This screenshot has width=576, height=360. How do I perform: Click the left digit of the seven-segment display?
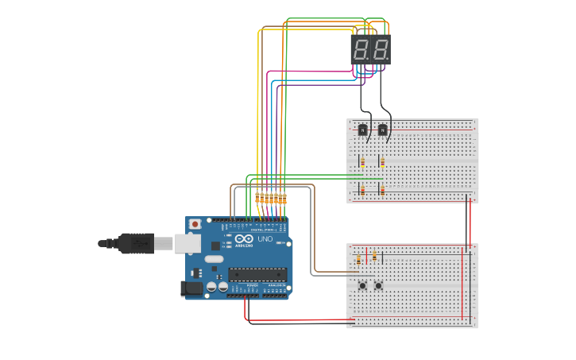click(361, 49)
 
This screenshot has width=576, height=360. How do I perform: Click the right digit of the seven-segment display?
click(381, 49)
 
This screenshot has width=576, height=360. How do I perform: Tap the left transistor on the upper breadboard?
click(363, 130)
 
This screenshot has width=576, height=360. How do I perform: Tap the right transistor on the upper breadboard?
click(383, 130)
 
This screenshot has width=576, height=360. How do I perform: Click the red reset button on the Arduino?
click(195, 224)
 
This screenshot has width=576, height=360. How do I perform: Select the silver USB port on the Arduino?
click(187, 242)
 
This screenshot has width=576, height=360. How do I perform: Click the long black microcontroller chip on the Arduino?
click(257, 275)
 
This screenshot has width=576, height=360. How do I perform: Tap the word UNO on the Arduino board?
click(265, 239)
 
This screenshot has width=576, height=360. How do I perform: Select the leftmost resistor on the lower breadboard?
click(358, 259)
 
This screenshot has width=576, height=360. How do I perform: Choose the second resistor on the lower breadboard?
click(374, 257)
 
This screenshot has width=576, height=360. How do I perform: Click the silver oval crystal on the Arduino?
click(214, 259)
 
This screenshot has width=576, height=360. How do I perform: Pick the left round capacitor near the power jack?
click(212, 286)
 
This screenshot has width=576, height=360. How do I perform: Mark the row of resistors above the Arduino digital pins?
click(271, 198)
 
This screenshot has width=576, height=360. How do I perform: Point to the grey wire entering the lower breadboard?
click(330, 275)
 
